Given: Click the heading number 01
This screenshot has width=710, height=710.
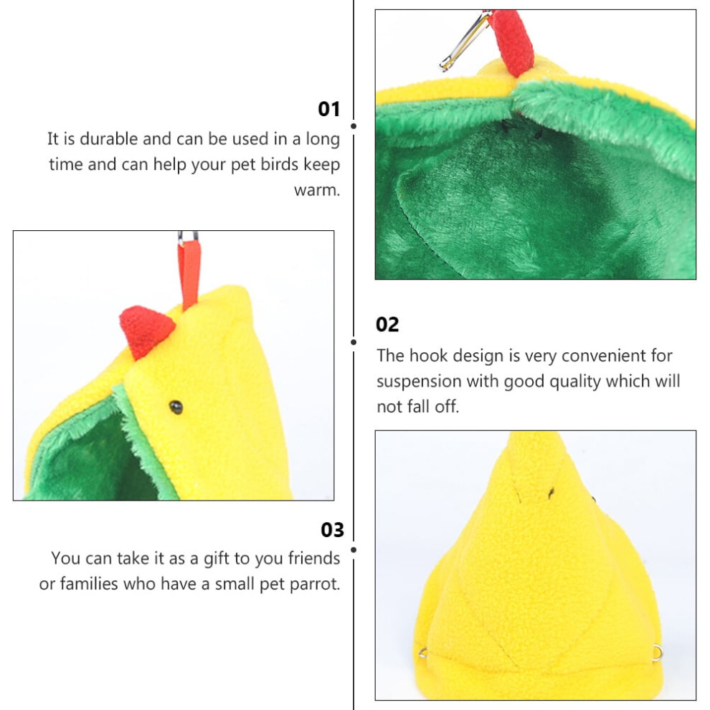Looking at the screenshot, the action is [328, 109].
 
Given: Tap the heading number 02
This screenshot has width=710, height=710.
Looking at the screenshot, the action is [387, 325].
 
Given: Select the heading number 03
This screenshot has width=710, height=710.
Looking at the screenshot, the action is [332, 530].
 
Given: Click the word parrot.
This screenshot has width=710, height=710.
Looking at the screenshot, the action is [315, 584].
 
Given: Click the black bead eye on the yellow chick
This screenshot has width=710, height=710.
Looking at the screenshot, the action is [176, 407].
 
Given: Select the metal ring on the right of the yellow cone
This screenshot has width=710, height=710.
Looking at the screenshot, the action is [658, 653].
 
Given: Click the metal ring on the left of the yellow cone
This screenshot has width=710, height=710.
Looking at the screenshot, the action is [423, 653].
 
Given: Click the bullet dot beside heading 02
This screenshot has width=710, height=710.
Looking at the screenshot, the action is [354, 342].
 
